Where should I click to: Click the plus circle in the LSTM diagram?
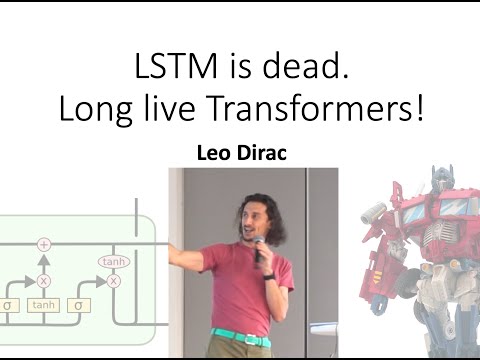coord(43,244)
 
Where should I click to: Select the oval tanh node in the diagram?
coord(114,262)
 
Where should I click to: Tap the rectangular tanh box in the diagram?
coord(43,305)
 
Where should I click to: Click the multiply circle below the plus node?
coord(43,281)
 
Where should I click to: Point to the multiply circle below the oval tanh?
coord(114,281)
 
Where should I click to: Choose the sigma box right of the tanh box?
coord(78,305)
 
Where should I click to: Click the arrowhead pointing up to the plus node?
coord(43,256)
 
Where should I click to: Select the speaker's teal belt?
coord(241,337)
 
